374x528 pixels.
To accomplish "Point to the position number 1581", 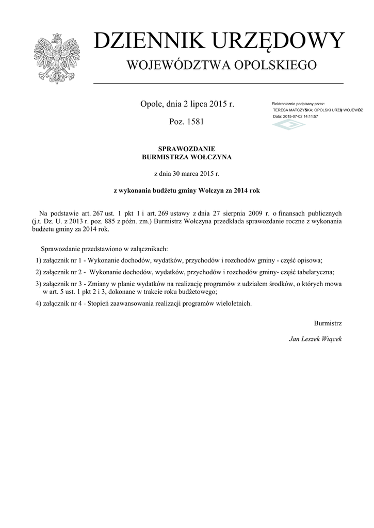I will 196,122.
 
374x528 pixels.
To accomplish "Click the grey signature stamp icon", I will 289,124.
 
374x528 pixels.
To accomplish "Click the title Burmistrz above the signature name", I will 328,323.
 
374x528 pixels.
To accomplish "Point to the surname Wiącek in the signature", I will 330,339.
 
